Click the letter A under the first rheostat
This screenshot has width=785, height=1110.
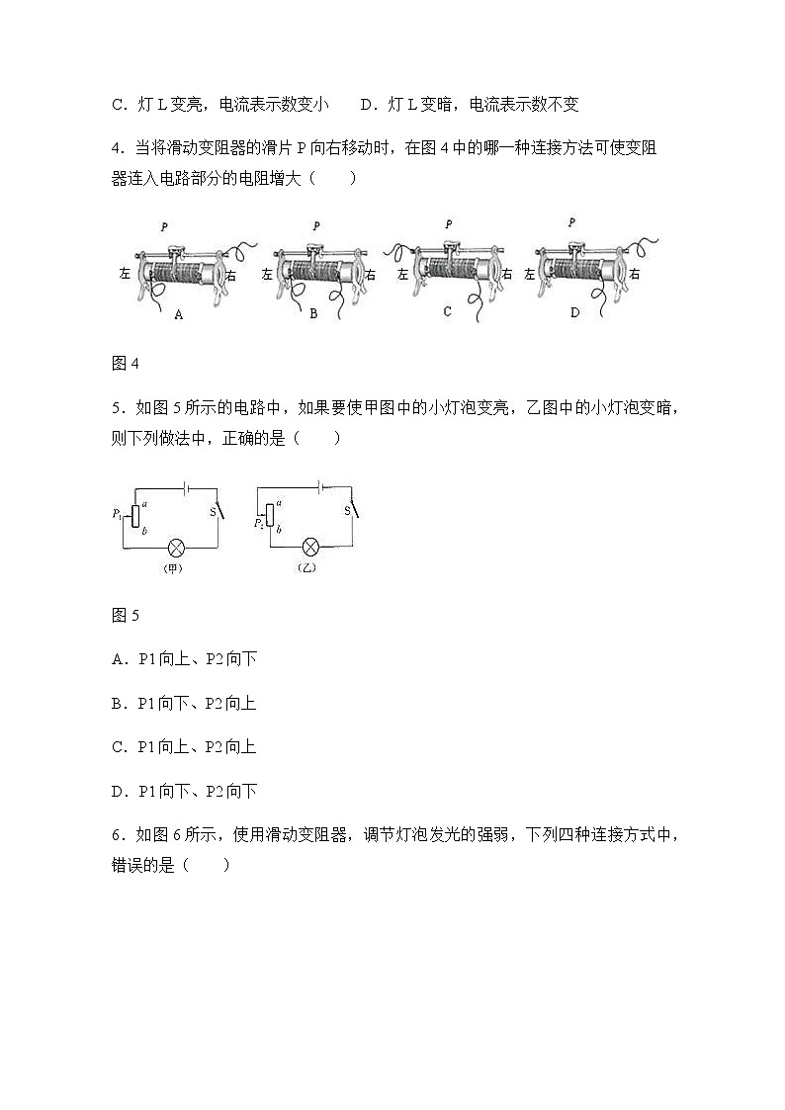point(179,314)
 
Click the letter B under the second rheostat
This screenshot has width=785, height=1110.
point(313,314)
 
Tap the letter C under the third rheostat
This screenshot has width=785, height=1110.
point(447,311)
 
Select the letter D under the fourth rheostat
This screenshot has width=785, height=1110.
point(576,313)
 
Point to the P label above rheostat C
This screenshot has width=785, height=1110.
point(448,224)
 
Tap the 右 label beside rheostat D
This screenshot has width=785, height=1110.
point(634,274)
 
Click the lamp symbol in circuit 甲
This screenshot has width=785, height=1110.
point(177,547)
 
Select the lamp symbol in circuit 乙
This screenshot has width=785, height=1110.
point(310,547)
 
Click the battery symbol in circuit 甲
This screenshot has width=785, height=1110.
point(185,486)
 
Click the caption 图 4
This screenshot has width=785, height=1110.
point(126,363)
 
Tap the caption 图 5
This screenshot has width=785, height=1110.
point(126,615)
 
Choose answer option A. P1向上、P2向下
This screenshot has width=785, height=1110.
point(185,659)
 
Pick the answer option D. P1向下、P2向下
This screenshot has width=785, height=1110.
point(185,791)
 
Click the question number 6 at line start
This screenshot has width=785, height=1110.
point(117,834)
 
